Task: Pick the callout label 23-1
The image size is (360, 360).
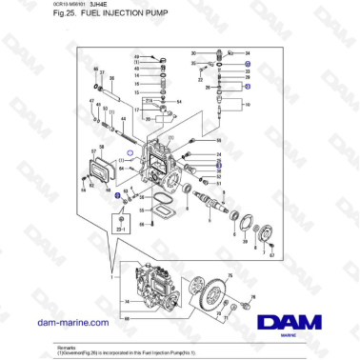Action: [120, 230]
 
